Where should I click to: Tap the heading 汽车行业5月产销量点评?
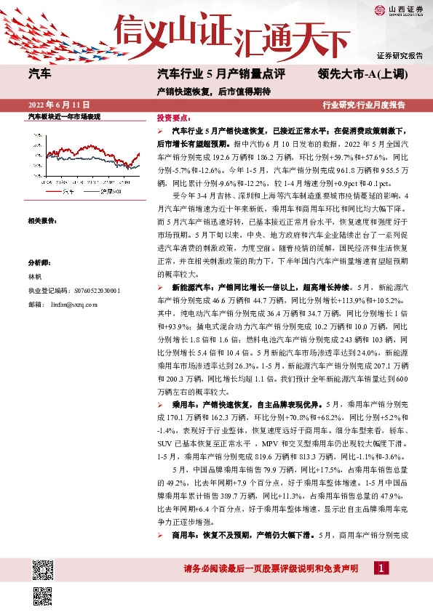click(220, 74)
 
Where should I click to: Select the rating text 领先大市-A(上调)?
click(363, 74)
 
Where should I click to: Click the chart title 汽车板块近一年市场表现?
click(64, 116)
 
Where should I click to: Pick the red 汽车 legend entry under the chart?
click(62, 191)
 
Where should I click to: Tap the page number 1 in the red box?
click(381, 568)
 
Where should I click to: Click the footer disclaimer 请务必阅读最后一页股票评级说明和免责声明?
click(271, 568)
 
